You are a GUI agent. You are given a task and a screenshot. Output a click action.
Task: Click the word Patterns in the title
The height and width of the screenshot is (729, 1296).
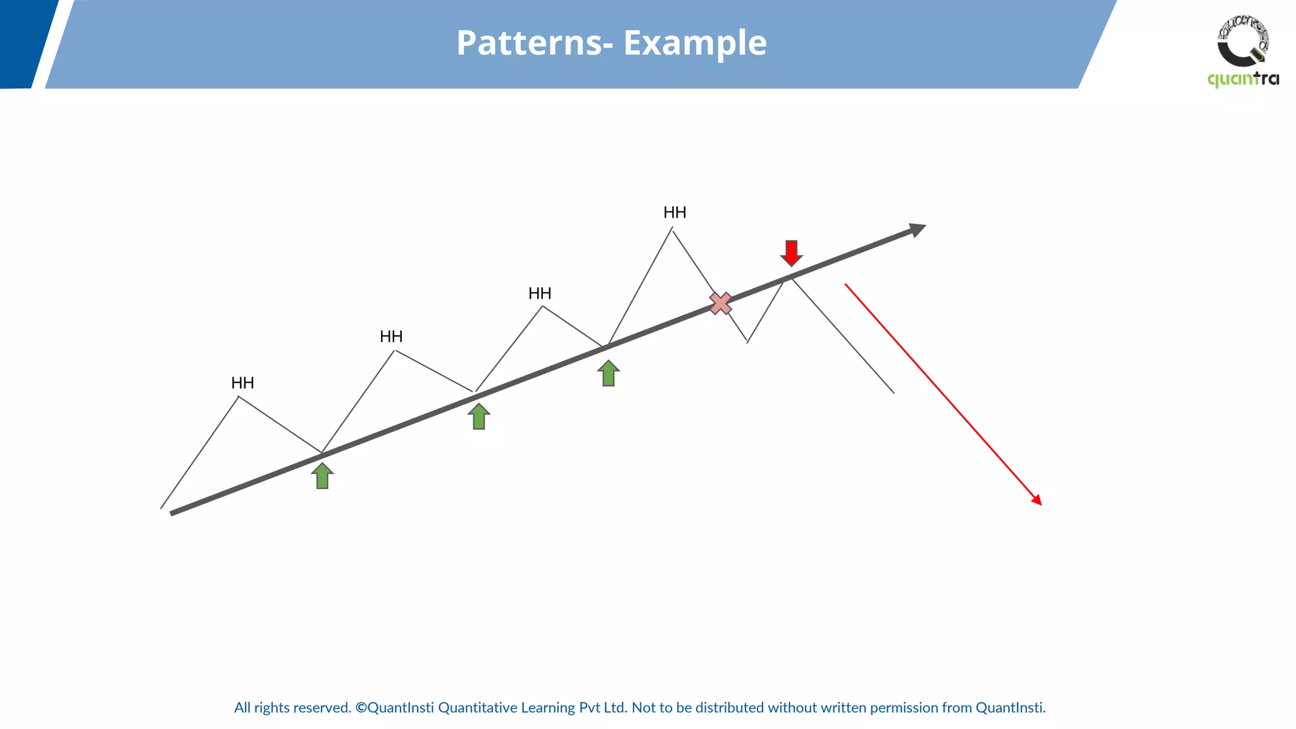[529, 43]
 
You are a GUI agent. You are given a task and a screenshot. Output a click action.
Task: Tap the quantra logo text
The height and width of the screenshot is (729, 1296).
[1243, 79]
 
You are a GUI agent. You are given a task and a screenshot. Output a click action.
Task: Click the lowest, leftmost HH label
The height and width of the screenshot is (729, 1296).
[242, 383]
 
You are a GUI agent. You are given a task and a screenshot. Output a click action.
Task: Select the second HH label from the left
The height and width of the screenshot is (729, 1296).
[391, 336]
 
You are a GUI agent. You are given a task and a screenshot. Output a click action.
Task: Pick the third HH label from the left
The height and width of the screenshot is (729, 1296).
[540, 293]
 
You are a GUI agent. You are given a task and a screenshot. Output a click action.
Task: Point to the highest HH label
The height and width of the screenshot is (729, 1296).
[675, 212]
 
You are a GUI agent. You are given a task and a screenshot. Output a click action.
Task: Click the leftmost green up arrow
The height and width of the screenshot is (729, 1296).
[322, 476]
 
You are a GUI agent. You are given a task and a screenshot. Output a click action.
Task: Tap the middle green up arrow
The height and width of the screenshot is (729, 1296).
[479, 416]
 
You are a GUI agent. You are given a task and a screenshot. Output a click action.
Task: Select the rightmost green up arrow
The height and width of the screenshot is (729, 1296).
[608, 373]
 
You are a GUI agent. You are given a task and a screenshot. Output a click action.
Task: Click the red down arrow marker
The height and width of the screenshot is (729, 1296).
[791, 252]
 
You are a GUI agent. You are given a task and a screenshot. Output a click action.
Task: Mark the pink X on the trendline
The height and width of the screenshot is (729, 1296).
[720, 303]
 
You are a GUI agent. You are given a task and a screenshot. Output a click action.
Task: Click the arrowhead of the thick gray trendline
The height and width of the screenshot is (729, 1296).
[918, 229]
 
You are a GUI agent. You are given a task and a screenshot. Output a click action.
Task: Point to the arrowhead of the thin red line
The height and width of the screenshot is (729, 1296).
[1037, 500]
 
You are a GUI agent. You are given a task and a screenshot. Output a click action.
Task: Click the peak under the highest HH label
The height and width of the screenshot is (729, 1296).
[672, 230]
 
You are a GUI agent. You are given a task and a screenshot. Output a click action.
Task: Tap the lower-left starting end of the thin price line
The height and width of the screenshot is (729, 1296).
[162, 507]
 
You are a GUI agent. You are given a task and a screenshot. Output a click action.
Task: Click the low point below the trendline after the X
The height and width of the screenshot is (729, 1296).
[747, 342]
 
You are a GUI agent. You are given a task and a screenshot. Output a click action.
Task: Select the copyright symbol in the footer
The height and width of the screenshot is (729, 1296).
[361, 707]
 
